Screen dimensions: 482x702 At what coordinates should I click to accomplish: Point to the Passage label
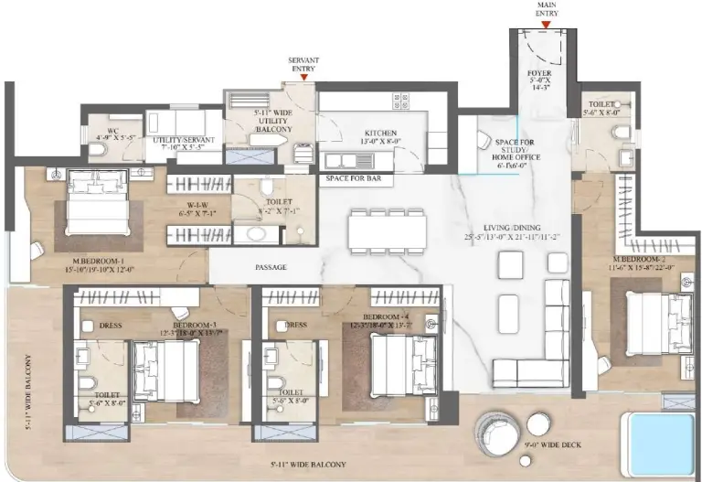271,267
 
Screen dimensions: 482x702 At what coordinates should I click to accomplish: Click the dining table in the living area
387,230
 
